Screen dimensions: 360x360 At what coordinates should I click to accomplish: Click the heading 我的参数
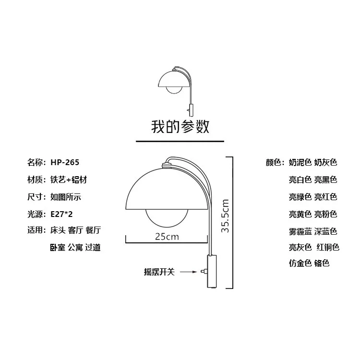(180, 127)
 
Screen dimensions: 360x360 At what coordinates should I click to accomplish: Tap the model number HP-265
(65, 162)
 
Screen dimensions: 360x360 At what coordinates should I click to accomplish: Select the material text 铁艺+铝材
(69, 180)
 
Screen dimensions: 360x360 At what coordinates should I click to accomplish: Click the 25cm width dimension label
(167, 237)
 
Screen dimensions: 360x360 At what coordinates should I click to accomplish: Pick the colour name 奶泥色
(300, 162)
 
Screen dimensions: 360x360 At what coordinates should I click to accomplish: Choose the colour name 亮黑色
(326, 180)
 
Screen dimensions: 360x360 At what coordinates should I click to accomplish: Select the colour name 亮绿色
(300, 197)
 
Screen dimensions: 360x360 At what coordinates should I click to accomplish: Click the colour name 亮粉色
(326, 214)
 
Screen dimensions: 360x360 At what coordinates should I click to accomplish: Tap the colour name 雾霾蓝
(300, 231)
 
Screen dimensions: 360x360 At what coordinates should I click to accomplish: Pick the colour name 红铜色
(327, 248)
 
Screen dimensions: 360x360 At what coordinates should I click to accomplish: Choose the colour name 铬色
(322, 263)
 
